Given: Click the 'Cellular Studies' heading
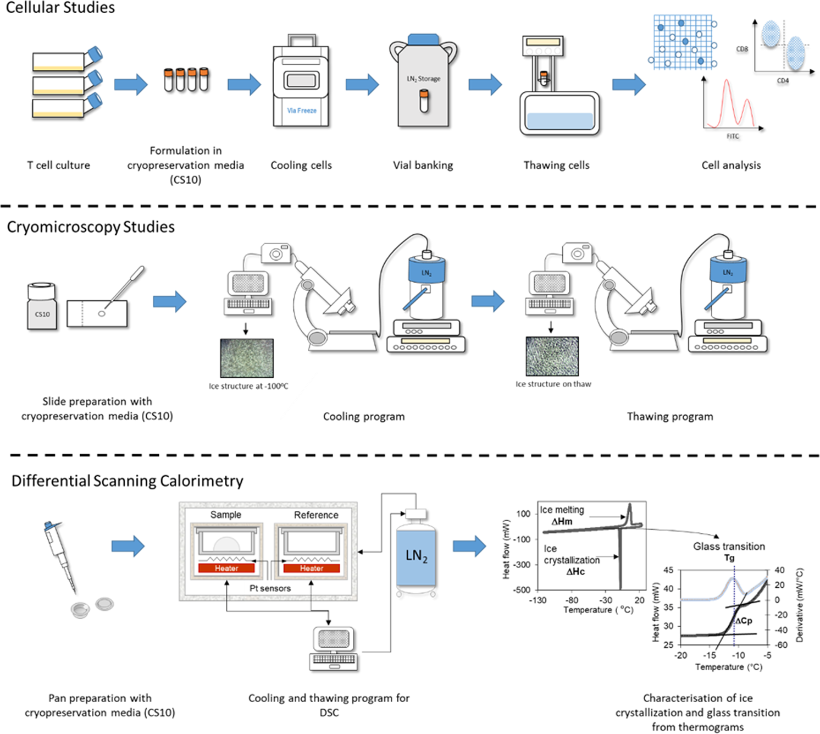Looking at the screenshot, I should tap(60, 8).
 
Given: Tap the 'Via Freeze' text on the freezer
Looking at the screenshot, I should tap(302, 111).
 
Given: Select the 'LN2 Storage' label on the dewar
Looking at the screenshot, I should tap(423, 79).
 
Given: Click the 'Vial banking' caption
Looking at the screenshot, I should tap(423, 165).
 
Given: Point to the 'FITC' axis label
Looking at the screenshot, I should tap(733, 136).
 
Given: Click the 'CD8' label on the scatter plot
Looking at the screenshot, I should tap(742, 49).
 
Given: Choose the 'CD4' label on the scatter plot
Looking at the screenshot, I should tap(783, 81).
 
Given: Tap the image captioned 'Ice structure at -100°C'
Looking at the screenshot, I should tap(247, 358).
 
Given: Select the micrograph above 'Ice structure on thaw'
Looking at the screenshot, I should tap(552, 356).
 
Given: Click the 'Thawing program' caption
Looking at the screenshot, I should tap(670, 416).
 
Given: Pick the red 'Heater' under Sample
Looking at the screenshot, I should tap(226, 568).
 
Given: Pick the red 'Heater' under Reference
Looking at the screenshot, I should tap(312, 568).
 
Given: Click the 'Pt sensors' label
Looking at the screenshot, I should tap(270, 588).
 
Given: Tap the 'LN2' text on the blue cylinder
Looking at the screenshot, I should tap(416, 556).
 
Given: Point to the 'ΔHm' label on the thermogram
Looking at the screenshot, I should tap(562, 521).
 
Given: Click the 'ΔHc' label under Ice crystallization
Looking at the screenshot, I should tap(575, 572).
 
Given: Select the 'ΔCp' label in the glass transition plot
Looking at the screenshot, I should tap(744, 621).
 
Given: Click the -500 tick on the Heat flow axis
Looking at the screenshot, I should tap(522, 590).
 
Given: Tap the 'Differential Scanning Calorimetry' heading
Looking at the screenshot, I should tap(128, 481).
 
